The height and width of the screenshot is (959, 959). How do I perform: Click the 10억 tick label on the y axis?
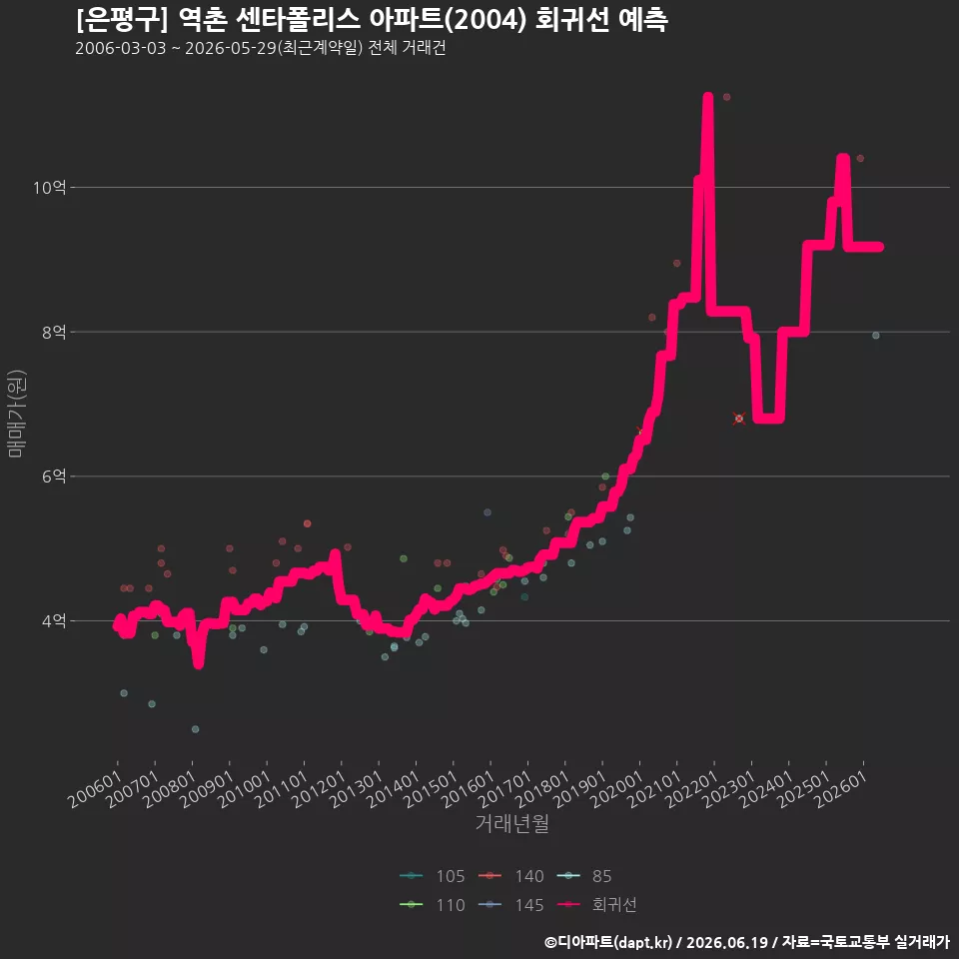pos(49,187)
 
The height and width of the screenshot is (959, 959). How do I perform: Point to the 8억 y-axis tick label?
pos(54,332)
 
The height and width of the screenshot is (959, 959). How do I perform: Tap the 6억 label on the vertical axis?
pos(54,477)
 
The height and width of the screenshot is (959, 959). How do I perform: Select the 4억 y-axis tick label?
pos(54,620)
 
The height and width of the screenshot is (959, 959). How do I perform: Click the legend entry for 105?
pos(432,876)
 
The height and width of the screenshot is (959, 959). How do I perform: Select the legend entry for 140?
pos(510,876)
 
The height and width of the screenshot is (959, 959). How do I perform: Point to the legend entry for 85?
pos(584,876)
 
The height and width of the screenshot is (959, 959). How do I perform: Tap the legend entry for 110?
pos(432,905)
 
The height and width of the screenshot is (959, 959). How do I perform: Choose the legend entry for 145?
pos(510,905)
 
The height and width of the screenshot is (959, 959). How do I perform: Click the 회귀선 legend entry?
pos(597,905)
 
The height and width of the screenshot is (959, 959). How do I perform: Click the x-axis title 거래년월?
pos(511,823)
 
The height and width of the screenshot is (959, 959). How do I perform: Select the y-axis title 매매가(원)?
pos(16,414)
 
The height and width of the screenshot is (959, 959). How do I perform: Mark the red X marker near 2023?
pos(739,419)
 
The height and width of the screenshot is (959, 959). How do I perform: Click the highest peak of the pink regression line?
pos(707,96)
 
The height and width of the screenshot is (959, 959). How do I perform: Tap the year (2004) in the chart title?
pos(485,20)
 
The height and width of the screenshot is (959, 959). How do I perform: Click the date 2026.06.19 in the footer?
pos(726,942)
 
